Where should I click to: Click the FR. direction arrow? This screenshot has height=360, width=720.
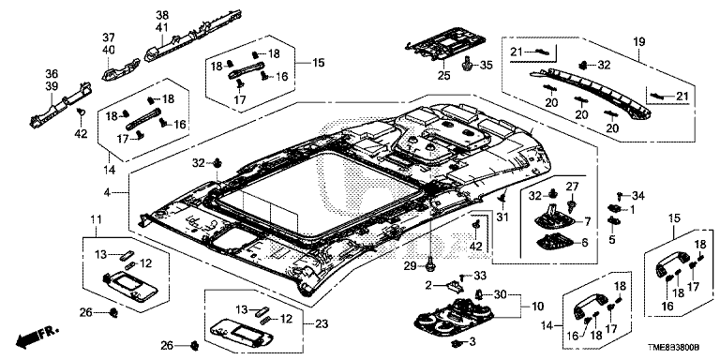pyautogui.click(x=37, y=337)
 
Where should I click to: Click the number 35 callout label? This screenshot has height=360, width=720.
pyautogui.click(x=486, y=66)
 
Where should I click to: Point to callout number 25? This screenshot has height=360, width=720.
pyautogui.click(x=444, y=75)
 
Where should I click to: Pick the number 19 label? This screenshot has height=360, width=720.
pyautogui.click(x=639, y=42)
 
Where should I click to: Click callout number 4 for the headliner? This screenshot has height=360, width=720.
pyautogui.click(x=107, y=192)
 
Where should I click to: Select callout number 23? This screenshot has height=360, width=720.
pyautogui.click(x=322, y=323)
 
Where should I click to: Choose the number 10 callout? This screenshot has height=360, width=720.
pyautogui.click(x=536, y=306)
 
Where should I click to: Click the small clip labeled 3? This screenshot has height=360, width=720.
pyautogui.click(x=457, y=343)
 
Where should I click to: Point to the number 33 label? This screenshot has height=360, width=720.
pyautogui.click(x=479, y=276)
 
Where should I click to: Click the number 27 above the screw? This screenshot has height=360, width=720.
pyautogui.click(x=572, y=187)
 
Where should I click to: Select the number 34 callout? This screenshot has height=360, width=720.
pyautogui.click(x=637, y=197)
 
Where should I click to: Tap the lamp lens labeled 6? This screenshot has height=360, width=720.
pyautogui.click(x=555, y=242)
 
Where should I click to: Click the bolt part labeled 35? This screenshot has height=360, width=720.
pyautogui.click(x=468, y=64)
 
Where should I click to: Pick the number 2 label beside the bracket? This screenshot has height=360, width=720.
pyautogui.click(x=428, y=285)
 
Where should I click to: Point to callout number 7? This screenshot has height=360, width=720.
pyautogui.click(x=586, y=222)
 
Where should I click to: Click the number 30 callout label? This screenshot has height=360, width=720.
pyautogui.click(x=500, y=293)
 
